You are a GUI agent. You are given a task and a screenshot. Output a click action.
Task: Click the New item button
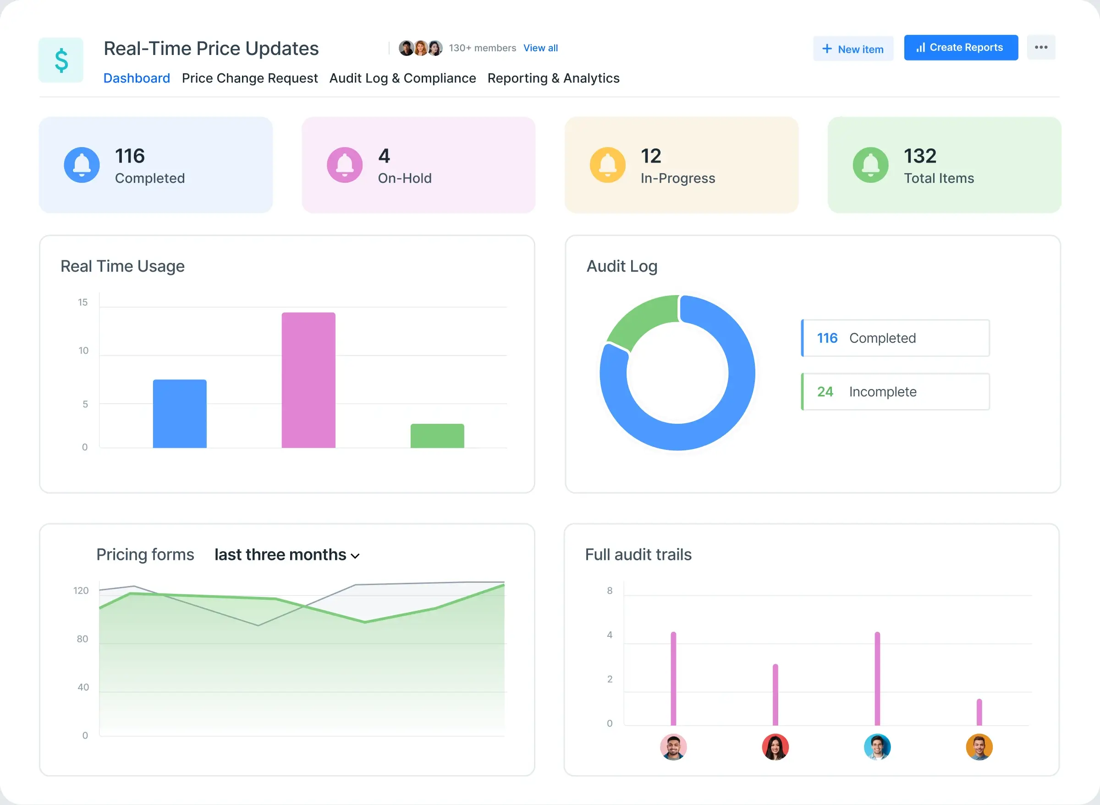click(853, 49)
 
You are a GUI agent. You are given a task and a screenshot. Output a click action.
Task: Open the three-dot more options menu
click(1041, 47)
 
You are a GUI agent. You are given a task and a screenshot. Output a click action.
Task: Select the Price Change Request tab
click(249, 78)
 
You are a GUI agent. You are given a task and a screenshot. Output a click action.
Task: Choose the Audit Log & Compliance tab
click(402, 78)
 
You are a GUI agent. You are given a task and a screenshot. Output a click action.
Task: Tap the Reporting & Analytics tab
click(553, 78)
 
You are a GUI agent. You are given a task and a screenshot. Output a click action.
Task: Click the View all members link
click(540, 48)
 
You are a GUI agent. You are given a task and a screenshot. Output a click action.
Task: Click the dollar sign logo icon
click(61, 60)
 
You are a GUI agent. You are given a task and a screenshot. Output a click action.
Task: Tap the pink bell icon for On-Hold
click(345, 164)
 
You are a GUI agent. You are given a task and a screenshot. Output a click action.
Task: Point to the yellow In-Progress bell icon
click(607, 164)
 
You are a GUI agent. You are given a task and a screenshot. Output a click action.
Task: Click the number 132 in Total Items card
click(920, 156)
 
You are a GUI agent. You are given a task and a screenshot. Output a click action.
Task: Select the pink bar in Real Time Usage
click(308, 380)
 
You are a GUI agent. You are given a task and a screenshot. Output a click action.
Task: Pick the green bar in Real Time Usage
click(437, 436)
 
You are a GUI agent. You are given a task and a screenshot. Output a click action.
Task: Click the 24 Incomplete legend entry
click(895, 392)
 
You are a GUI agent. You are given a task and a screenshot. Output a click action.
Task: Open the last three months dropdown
click(286, 555)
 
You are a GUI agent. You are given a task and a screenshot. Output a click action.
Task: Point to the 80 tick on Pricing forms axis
click(82, 639)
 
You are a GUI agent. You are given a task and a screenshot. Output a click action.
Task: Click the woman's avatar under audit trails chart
click(775, 747)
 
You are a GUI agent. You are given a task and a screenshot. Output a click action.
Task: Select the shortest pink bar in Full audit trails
click(979, 712)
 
